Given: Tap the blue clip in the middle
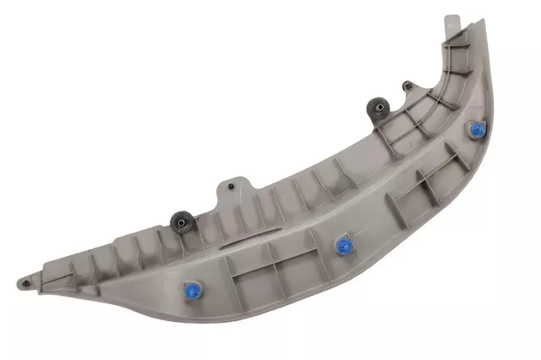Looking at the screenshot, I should tap(343, 246).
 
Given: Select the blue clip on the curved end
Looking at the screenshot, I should tap(477, 131).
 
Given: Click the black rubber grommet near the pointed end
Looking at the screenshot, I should tap(179, 222).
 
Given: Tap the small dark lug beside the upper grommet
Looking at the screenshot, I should tap(407, 85).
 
